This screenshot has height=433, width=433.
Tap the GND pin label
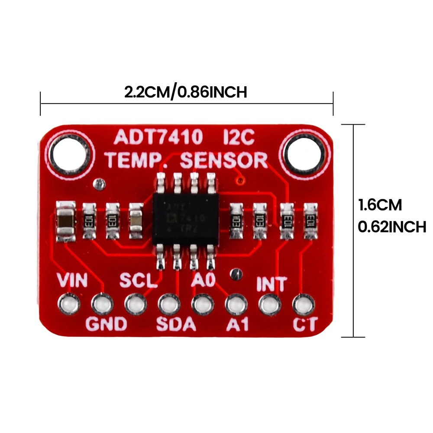coord(106,324)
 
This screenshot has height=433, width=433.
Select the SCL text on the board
coord(138,281)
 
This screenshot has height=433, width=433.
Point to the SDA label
coord(176,324)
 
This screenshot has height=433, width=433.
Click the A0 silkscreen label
coord(203,281)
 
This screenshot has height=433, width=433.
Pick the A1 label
coord(238,324)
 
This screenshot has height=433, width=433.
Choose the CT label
coord(305,324)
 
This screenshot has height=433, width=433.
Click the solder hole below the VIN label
coord(71,304)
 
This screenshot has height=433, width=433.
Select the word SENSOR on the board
coord(224,160)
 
